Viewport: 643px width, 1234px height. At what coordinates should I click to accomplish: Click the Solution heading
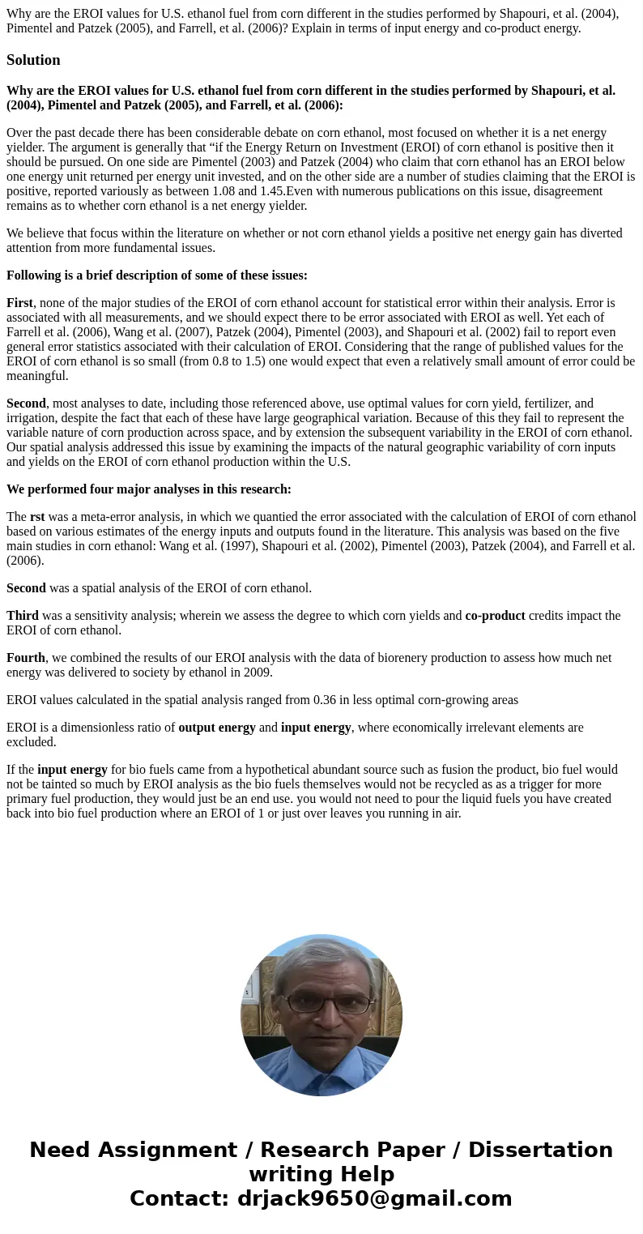click(x=33, y=60)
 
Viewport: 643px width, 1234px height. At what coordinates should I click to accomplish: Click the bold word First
click(x=19, y=303)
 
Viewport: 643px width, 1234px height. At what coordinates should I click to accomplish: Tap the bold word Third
click(x=23, y=616)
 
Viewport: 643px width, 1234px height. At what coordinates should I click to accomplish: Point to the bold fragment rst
click(x=37, y=517)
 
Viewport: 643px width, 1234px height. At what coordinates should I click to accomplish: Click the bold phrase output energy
click(x=217, y=728)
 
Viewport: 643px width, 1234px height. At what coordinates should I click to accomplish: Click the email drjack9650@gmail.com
click(x=374, y=1198)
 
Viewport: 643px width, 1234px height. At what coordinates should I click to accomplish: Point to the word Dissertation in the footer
click(x=540, y=1150)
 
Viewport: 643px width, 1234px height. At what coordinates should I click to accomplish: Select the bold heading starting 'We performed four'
click(x=149, y=489)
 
